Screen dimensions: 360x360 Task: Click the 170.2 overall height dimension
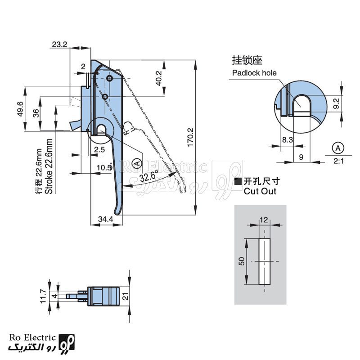click(190, 137)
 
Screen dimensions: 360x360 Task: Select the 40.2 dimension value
click(159, 78)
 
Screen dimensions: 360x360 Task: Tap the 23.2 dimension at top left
click(59, 44)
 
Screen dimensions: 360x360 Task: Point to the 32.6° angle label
click(149, 176)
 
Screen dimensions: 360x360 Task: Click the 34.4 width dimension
click(106, 219)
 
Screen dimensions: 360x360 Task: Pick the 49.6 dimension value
click(20, 108)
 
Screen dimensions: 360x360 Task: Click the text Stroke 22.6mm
click(49, 166)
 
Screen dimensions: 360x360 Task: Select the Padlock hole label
click(254, 73)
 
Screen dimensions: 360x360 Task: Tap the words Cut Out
click(260, 191)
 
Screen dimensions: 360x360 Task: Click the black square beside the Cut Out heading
click(238, 181)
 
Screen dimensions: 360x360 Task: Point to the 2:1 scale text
click(339, 161)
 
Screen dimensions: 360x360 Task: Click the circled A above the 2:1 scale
click(338, 148)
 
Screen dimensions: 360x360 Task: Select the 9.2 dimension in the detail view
click(336, 103)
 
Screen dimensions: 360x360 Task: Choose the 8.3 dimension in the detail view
click(287, 139)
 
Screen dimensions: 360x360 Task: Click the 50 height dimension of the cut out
click(242, 261)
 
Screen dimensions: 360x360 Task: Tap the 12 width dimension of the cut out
click(264, 220)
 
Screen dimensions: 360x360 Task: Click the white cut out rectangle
click(265, 261)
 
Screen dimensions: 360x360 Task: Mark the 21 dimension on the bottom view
click(126, 296)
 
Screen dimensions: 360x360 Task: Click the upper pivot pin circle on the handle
click(109, 78)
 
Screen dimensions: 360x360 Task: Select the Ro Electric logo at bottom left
click(41, 343)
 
